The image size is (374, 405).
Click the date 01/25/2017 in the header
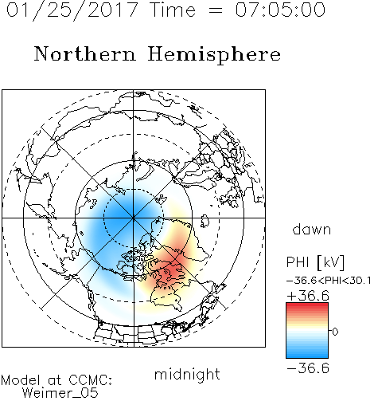point(72,10)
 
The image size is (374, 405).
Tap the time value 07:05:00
point(280,10)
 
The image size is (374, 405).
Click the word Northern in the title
point(85,54)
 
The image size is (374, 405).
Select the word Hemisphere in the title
point(214,55)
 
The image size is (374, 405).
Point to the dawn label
point(312,229)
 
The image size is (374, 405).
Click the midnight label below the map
point(187,374)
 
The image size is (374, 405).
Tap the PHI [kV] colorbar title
point(315,262)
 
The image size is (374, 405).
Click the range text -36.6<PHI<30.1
point(329,281)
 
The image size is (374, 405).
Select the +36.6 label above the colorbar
point(308,296)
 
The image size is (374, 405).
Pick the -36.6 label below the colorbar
point(308,368)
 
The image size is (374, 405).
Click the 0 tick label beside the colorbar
point(335,332)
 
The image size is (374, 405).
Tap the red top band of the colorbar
point(307,307)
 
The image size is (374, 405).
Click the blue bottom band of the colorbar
point(307,353)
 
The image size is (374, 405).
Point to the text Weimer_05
point(60,393)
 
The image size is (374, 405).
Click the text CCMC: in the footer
point(91,380)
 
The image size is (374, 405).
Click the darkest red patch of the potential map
point(171,272)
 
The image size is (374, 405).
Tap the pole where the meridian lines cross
point(134,218)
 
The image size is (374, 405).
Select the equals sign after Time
point(215,10)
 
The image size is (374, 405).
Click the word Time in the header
point(173,10)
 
